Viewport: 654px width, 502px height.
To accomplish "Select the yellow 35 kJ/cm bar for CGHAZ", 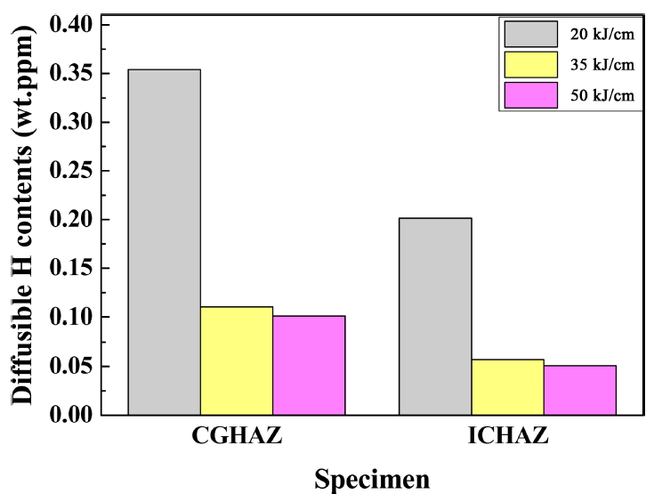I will (237, 360).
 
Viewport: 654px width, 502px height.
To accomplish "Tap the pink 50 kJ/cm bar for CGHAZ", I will (309, 365).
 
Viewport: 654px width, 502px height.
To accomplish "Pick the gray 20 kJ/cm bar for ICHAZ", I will (435, 316).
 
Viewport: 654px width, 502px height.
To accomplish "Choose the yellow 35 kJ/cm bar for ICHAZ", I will (507, 387).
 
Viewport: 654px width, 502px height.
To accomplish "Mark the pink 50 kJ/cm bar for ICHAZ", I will (579, 390).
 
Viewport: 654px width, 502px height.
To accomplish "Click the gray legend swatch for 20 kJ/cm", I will (530, 34).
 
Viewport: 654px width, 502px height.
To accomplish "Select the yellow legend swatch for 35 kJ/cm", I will (530, 64).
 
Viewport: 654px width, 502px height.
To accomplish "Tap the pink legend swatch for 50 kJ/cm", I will (530, 94).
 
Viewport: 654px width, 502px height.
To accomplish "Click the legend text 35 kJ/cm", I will (602, 65).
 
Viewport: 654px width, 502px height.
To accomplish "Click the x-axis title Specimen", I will (371, 480).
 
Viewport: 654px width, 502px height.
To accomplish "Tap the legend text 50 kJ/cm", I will (602, 95).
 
